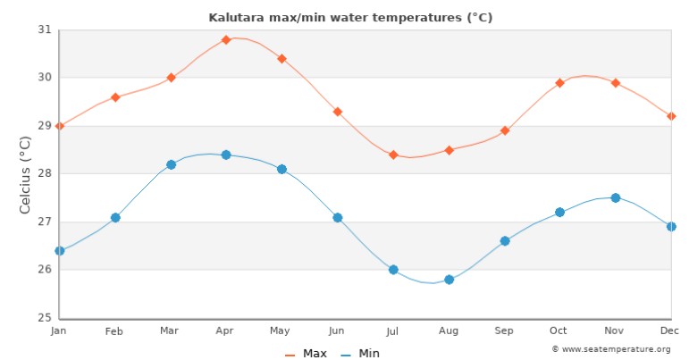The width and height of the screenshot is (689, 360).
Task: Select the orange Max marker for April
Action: [226, 39]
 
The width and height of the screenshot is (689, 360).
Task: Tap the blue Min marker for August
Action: [449, 280]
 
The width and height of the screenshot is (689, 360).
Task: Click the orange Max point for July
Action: [393, 155]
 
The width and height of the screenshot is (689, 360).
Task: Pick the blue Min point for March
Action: [171, 164]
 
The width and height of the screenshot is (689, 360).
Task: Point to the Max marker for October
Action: [560, 83]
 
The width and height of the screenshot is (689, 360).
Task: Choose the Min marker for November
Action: [615, 197]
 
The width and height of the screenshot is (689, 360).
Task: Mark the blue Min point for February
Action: [115, 217]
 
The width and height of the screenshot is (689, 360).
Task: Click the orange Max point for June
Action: [338, 112]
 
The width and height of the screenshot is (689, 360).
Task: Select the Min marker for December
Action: [671, 227]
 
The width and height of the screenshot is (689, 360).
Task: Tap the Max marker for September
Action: [505, 130]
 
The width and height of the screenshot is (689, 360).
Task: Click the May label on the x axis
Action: [281, 331]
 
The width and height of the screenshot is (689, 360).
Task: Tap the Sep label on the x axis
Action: [504, 331]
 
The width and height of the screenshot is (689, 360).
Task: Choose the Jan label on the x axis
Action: [59, 331]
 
